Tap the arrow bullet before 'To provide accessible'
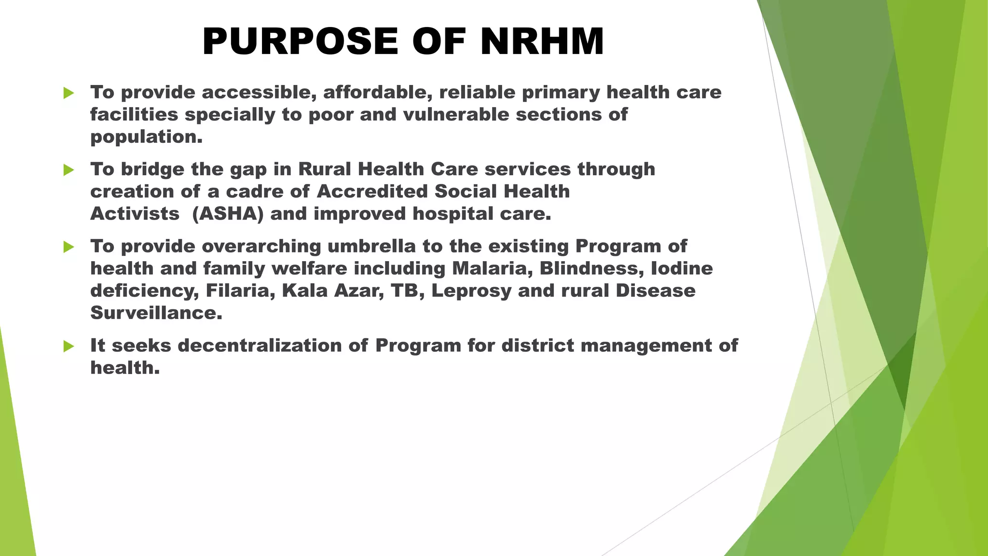pyautogui.click(x=69, y=93)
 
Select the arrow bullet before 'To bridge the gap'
pyautogui.click(x=69, y=170)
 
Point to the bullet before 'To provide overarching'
pyautogui.click(x=69, y=247)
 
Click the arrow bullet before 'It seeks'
pyautogui.click(x=69, y=346)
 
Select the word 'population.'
pyautogui.click(x=146, y=138)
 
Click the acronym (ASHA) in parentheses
pyautogui.click(x=228, y=214)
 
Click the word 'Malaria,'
pyautogui.click(x=492, y=268)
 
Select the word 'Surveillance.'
pyautogui.click(x=156, y=313)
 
